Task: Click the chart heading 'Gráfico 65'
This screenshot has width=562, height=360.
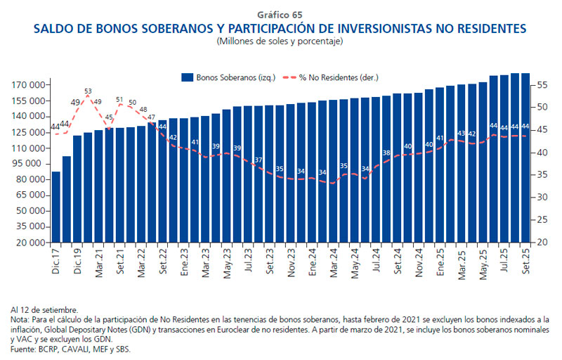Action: pyautogui.click(x=280, y=15)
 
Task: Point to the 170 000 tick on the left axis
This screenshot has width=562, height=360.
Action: pyautogui.click(x=29, y=85)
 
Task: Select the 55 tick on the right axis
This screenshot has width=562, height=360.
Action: pyautogui.click(x=541, y=85)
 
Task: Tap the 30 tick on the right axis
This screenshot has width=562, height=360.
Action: pyautogui.click(x=541, y=198)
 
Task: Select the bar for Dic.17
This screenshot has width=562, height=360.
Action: pyautogui.click(x=56, y=207)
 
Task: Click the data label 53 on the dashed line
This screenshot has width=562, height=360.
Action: pyautogui.click(x=88, y=91)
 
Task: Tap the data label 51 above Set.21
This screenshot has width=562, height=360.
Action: pyautogui.click(x=119, y=100)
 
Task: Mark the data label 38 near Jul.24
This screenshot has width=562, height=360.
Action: pyautogui.click(x=386, y=153)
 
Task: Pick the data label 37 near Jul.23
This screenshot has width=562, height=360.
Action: pyautogui.click(x=259, y=160)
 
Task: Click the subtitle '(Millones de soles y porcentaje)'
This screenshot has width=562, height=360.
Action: pyautogui.click(x=280, y=41)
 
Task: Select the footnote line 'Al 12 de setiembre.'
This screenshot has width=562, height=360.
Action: pyautogui.click(x=44, y=309)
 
